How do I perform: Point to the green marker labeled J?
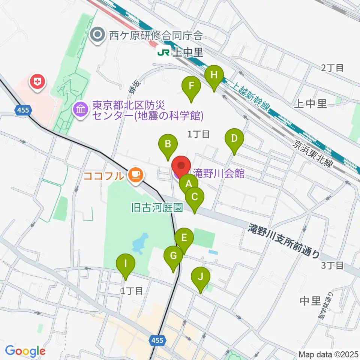click(x=200, y=278)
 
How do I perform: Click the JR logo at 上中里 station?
click(x=163, y=53)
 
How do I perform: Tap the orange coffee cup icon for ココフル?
click(x=135, y=175)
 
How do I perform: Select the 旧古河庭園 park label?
click(x=157, y=207)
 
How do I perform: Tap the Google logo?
click(x=25, y=351)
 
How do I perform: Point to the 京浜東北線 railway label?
click(x=311, y=155)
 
